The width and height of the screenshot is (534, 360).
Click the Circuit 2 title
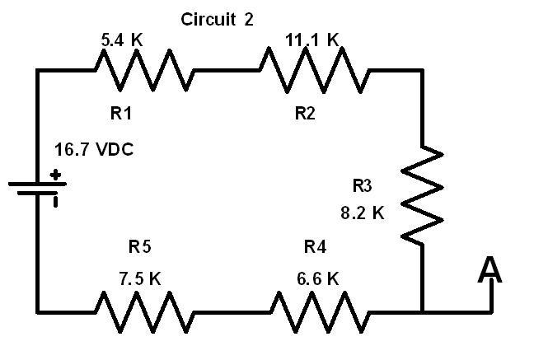217,19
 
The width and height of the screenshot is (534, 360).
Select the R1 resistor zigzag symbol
145,71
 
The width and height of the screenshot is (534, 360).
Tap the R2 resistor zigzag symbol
314,71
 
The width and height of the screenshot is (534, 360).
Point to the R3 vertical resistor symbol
423,194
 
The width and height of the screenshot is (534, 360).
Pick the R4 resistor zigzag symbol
320,311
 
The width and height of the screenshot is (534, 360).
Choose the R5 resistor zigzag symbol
145,311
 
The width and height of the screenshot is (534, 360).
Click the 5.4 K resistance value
122,40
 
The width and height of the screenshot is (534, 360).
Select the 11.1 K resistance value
312,40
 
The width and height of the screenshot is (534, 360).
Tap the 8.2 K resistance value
363,213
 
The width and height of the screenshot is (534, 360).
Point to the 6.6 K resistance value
318,279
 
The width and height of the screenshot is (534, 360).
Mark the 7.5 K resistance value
139,278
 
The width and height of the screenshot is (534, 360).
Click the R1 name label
121,113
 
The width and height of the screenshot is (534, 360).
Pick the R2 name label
305,113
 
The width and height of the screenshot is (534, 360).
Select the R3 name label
362,185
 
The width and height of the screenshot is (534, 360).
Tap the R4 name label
315,246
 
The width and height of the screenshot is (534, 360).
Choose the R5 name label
139,246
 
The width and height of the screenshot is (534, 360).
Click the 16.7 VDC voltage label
94,149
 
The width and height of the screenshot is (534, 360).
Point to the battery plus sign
55,175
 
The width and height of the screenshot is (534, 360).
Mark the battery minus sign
55,201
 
